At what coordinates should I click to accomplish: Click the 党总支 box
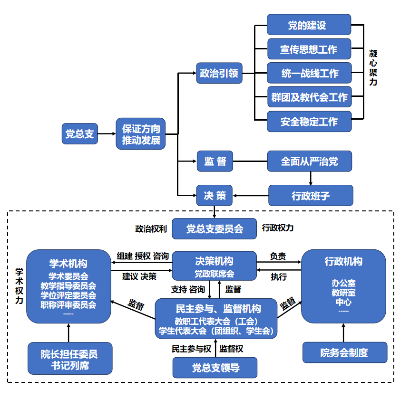coord(79,134)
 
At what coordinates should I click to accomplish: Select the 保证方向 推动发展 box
coord(141,134)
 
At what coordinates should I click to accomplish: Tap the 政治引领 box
coord(219,74)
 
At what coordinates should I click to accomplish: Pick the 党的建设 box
coord(309,25)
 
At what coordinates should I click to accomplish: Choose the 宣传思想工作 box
coord(309,49)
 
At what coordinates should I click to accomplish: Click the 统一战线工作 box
coord(309,73)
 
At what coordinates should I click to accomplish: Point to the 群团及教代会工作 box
coord(309,97)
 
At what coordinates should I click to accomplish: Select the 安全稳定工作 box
coord(309,122)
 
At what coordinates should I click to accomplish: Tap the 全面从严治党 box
coord(310,161)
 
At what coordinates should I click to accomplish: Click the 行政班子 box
coord(311,195)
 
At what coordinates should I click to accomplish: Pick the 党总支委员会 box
coord(215,228)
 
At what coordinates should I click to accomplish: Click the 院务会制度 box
coord(344,352)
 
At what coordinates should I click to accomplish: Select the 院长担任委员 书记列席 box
coord(69,359)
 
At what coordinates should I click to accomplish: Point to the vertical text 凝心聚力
coord(373,67)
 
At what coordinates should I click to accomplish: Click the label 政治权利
coord(150,228)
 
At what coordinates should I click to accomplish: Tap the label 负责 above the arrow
coord(278,256)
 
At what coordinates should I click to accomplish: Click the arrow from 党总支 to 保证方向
coord(107,134)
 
